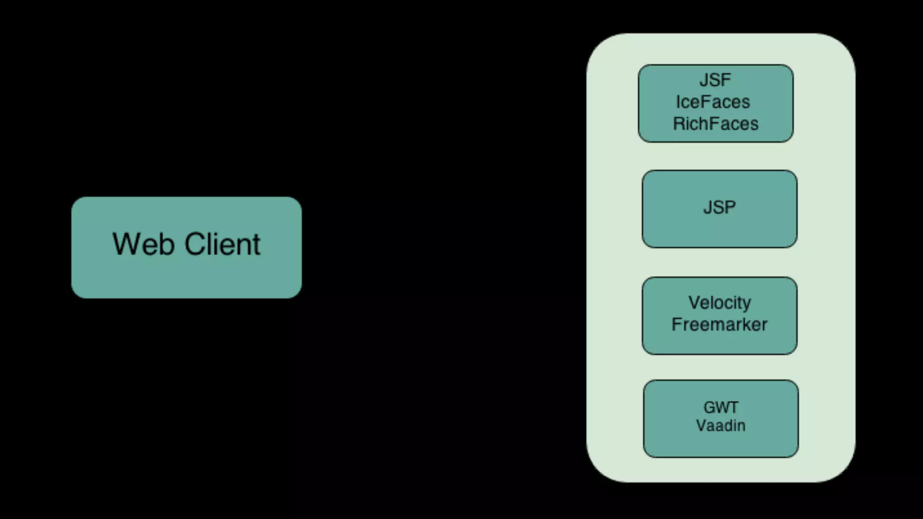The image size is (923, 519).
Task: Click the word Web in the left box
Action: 143,244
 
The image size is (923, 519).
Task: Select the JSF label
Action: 715,80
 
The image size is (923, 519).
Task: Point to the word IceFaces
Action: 713,102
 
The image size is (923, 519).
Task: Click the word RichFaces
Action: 715,124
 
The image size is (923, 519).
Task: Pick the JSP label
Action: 719,207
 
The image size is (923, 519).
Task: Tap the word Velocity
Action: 720,303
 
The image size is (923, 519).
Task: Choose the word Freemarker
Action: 719,324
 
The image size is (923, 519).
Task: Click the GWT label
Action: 721,407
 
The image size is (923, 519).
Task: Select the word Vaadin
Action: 721,425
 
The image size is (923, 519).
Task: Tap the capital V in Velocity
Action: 694,302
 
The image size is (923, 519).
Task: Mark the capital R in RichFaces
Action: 679,124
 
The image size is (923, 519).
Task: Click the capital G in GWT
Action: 709,407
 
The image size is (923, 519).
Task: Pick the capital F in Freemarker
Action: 676,324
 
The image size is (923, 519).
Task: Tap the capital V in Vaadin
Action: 701,425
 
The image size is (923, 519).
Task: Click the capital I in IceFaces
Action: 678,102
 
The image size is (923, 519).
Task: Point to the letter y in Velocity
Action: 747,304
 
